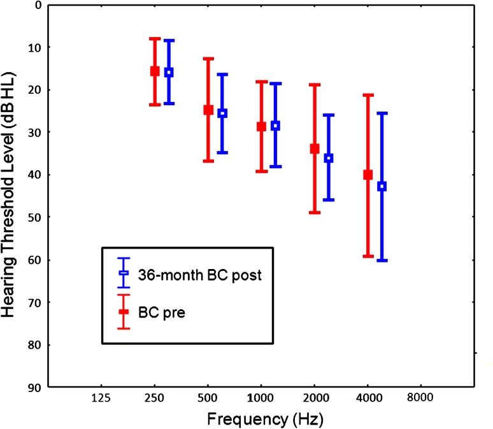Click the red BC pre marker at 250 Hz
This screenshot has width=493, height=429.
(155, 71)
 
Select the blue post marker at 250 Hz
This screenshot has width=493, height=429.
(169, 72)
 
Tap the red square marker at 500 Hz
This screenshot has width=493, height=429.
(208, 110)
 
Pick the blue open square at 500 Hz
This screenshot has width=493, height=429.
(222, 113)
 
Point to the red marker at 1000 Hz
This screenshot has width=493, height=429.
(261, 126)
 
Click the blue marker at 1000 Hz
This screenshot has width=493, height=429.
(275, 126)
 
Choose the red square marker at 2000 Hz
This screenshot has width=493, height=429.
(314, 149)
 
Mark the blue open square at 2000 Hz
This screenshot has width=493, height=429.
(329, 157)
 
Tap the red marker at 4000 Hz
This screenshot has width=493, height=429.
(368, 175)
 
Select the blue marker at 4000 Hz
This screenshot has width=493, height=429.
(382, 186)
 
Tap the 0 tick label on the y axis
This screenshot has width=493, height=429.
(38, 5)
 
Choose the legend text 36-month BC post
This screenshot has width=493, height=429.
(189, 275)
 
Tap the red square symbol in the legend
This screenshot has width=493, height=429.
(124, 312)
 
